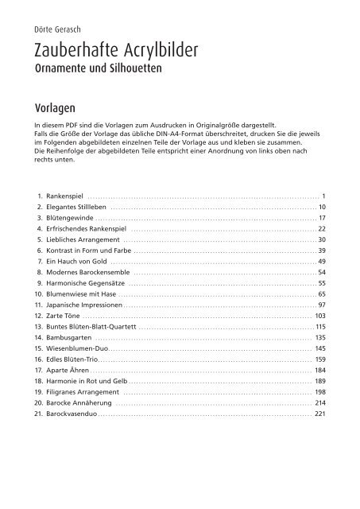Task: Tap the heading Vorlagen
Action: point(54,105)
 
